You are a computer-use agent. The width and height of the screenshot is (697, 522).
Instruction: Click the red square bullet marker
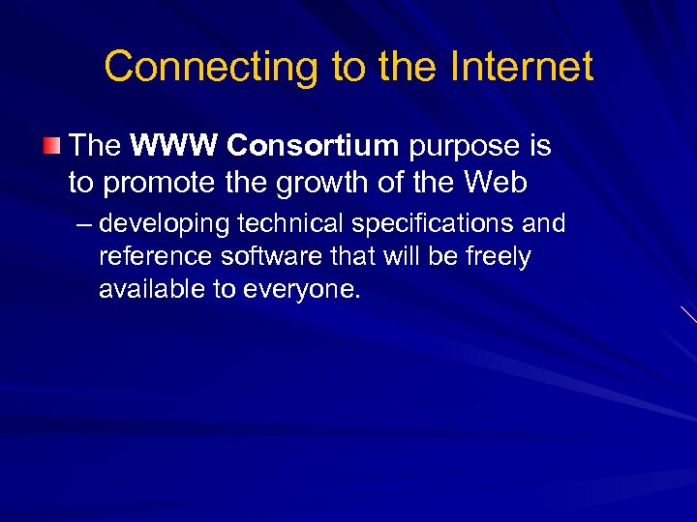point(51,146)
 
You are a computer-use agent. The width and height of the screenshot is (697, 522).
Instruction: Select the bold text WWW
point(174,146)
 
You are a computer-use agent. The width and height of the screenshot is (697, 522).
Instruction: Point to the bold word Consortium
point(313,146)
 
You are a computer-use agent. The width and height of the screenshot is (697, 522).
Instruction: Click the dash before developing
point(83,224)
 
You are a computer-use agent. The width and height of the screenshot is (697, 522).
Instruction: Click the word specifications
point(435,224)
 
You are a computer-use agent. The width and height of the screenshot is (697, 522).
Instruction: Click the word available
point(146,289)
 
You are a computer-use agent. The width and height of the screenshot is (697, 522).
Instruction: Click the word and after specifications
point(545,224)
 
